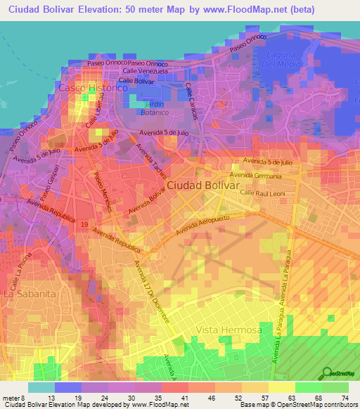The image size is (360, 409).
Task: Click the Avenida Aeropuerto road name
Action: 204,224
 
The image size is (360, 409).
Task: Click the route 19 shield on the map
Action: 83,223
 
